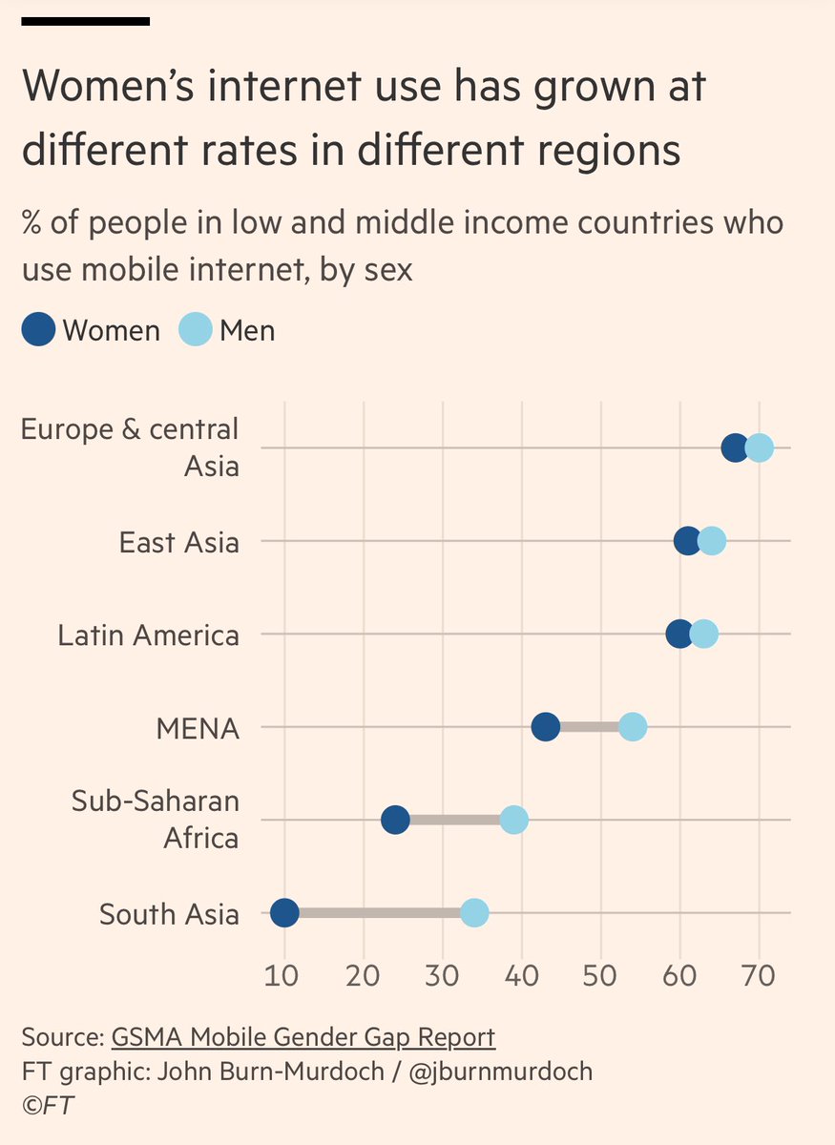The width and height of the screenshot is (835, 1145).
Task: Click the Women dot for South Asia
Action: [x=284, y=913]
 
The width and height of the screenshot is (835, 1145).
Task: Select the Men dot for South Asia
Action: [x=474, y=913]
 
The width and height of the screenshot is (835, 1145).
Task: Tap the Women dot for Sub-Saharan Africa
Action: [x=395, y=820]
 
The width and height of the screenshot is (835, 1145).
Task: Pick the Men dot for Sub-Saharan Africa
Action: [x=513, y=820]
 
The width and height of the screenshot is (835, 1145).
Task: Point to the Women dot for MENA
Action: [x=545, y=727]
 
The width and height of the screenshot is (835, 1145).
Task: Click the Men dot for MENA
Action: [x=633, y=727]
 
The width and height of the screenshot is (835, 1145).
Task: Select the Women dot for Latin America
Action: [x=679, y=634]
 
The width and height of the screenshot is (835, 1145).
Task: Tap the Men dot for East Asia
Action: [x=712, y=541]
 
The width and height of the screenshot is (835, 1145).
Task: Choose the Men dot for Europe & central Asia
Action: [x=759, y=448]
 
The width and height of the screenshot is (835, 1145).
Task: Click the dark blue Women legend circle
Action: [x=39, y=330]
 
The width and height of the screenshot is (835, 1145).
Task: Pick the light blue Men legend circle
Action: [x=196, y=330]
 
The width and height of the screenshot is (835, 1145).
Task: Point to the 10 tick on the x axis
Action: [x=283, y=978]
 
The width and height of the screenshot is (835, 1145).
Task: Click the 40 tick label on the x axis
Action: [x=521, y=978]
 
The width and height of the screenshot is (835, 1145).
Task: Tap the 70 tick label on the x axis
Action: [x=759, y=978]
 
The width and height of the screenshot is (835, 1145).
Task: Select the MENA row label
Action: [x=198, y=729]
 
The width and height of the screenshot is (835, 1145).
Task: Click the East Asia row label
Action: [x=179, y=542]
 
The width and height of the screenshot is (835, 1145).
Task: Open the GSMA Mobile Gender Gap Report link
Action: [x=303, y=1037]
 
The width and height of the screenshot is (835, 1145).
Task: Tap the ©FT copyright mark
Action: [x=48, y=1105]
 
